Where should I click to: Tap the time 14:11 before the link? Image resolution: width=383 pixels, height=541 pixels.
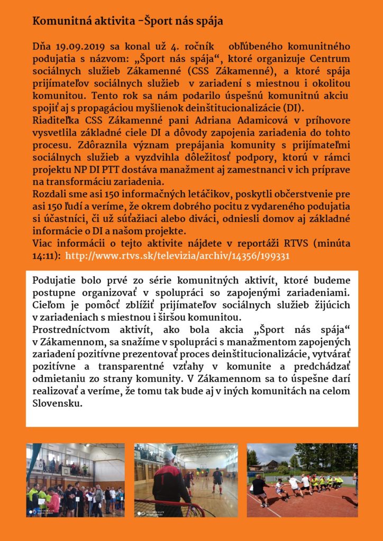44,255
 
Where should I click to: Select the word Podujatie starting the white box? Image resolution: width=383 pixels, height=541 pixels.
54,279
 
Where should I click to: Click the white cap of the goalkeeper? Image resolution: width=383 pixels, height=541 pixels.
169,455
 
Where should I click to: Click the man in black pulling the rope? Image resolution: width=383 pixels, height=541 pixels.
260,489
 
